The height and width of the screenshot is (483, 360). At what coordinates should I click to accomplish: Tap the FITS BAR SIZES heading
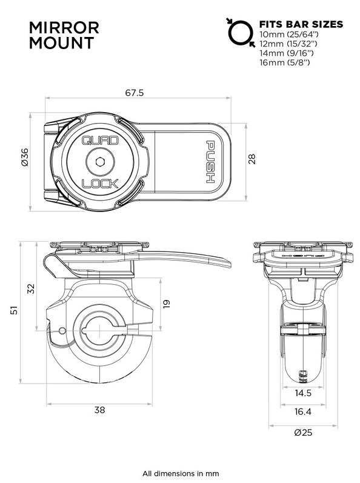point(301,24)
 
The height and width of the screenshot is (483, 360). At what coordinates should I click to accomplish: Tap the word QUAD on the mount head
point(96,141)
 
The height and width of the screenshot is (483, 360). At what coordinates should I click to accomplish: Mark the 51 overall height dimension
point(13,311)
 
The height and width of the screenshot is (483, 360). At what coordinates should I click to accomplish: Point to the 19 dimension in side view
point(167,302)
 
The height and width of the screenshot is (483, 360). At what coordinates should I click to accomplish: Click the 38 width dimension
point(99,410)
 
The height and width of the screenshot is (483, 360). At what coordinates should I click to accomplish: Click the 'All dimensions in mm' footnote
point(180,473)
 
